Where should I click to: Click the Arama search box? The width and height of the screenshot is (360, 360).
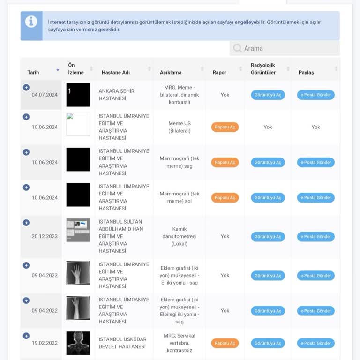pyautogui.click(x=285, y=48)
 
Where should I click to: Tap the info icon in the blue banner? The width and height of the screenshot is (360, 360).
pyautogui.click(x=31, y=22)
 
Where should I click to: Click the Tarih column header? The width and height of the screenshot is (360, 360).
pyautogui.click(x=33, y=72)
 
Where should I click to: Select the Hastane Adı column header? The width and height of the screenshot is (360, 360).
pyautogui.click(x=116, y=72)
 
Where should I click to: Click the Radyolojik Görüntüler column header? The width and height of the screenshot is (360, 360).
pyautogui.click(x=263, y=68)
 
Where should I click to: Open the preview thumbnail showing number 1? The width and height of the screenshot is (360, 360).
pyautogui.click(x=78, y=95)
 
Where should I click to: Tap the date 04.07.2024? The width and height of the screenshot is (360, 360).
pyautogui.click(x=45, y=95)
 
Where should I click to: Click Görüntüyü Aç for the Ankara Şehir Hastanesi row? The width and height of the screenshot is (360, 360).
pyautogui.click(x=268, y=95)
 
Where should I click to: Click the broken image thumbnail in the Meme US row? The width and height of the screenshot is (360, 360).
pyautogui.click(x=78, y=124)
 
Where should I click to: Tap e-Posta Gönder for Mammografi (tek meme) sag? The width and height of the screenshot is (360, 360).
pyautogui.click(x=315, y=162)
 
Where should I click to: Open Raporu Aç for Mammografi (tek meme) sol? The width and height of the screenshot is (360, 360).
pyautogui.click(x=225, y=198)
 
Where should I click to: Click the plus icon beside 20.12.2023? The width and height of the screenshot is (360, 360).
pyautogui.click(x=26, y=223)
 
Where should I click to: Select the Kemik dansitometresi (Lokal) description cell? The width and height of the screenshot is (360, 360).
pyautogui.click(x=180, y=236)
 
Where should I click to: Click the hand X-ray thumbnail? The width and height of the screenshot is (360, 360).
pyautogui.click(x=78, y=272)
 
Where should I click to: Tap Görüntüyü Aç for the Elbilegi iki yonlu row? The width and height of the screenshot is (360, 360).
pyautogui.click(x=268, y=311)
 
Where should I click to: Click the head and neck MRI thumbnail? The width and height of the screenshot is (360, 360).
pyautogui.click(x=78, y=343)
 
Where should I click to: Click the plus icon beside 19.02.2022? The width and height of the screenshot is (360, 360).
pyautogui.click(x=26, y=336)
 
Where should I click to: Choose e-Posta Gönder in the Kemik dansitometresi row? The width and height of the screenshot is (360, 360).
pyautogui.click(x=315, y=237)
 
